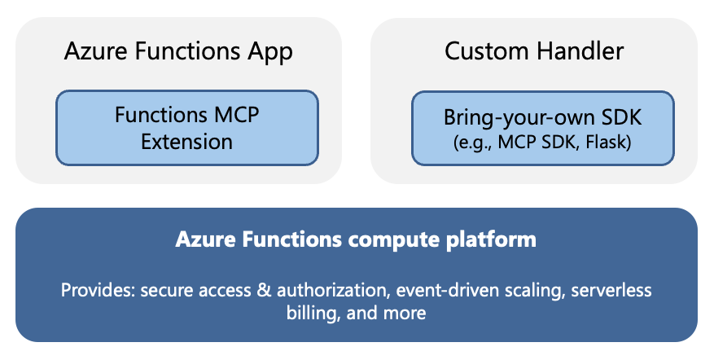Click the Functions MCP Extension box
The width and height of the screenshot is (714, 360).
(x=186, y=128)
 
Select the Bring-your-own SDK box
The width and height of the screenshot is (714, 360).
(x=542, y=128)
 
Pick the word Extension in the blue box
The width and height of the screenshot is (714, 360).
(x=186, y=142)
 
